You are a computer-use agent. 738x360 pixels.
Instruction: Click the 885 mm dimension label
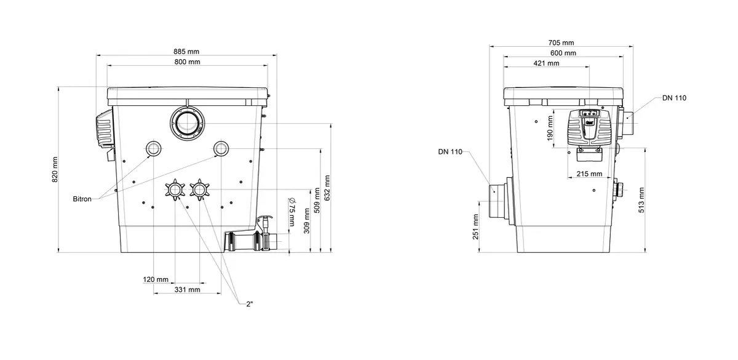[x=186, y=52]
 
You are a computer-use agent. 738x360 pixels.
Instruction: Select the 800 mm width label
[x=187, y=62]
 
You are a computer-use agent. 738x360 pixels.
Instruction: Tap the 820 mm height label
[x=55, y=169]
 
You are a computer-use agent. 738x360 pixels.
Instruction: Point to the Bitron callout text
[x=82, y=199]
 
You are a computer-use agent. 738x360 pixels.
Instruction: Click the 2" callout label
[x=250, y=304]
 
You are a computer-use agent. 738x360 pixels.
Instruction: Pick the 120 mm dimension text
[x=156, y=279]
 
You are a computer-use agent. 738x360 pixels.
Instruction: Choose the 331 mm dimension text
[x=187, y=289]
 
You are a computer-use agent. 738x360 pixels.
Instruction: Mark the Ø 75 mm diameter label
[x=292, y=212]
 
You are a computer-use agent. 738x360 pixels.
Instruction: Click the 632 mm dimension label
[x=327, y=188]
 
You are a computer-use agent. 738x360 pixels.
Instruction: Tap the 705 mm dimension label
[x=561, y=42]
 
